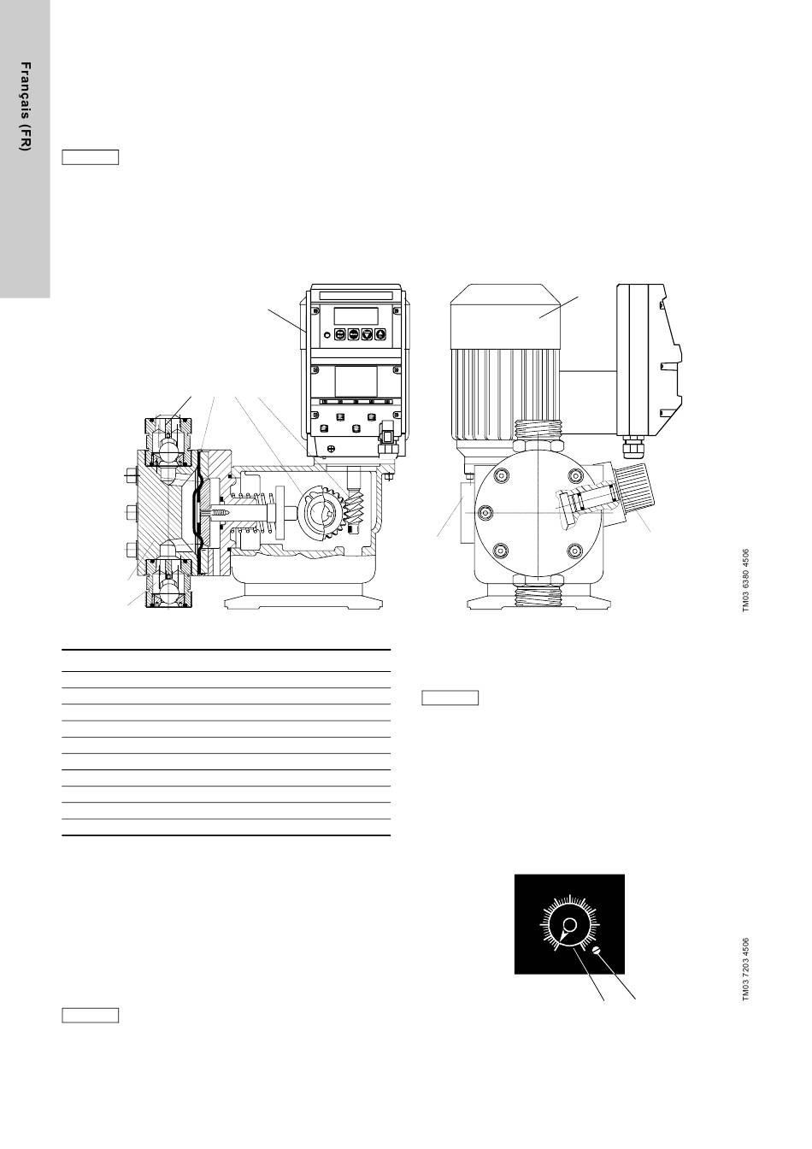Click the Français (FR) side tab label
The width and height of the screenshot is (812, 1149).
[25, 107]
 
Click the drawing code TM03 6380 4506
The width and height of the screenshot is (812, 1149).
[746, 580]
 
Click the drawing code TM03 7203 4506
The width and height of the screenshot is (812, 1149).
[746, 969]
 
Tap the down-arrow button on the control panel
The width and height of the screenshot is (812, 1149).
[367, 334]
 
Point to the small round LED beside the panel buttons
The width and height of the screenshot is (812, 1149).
[327, 334]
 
